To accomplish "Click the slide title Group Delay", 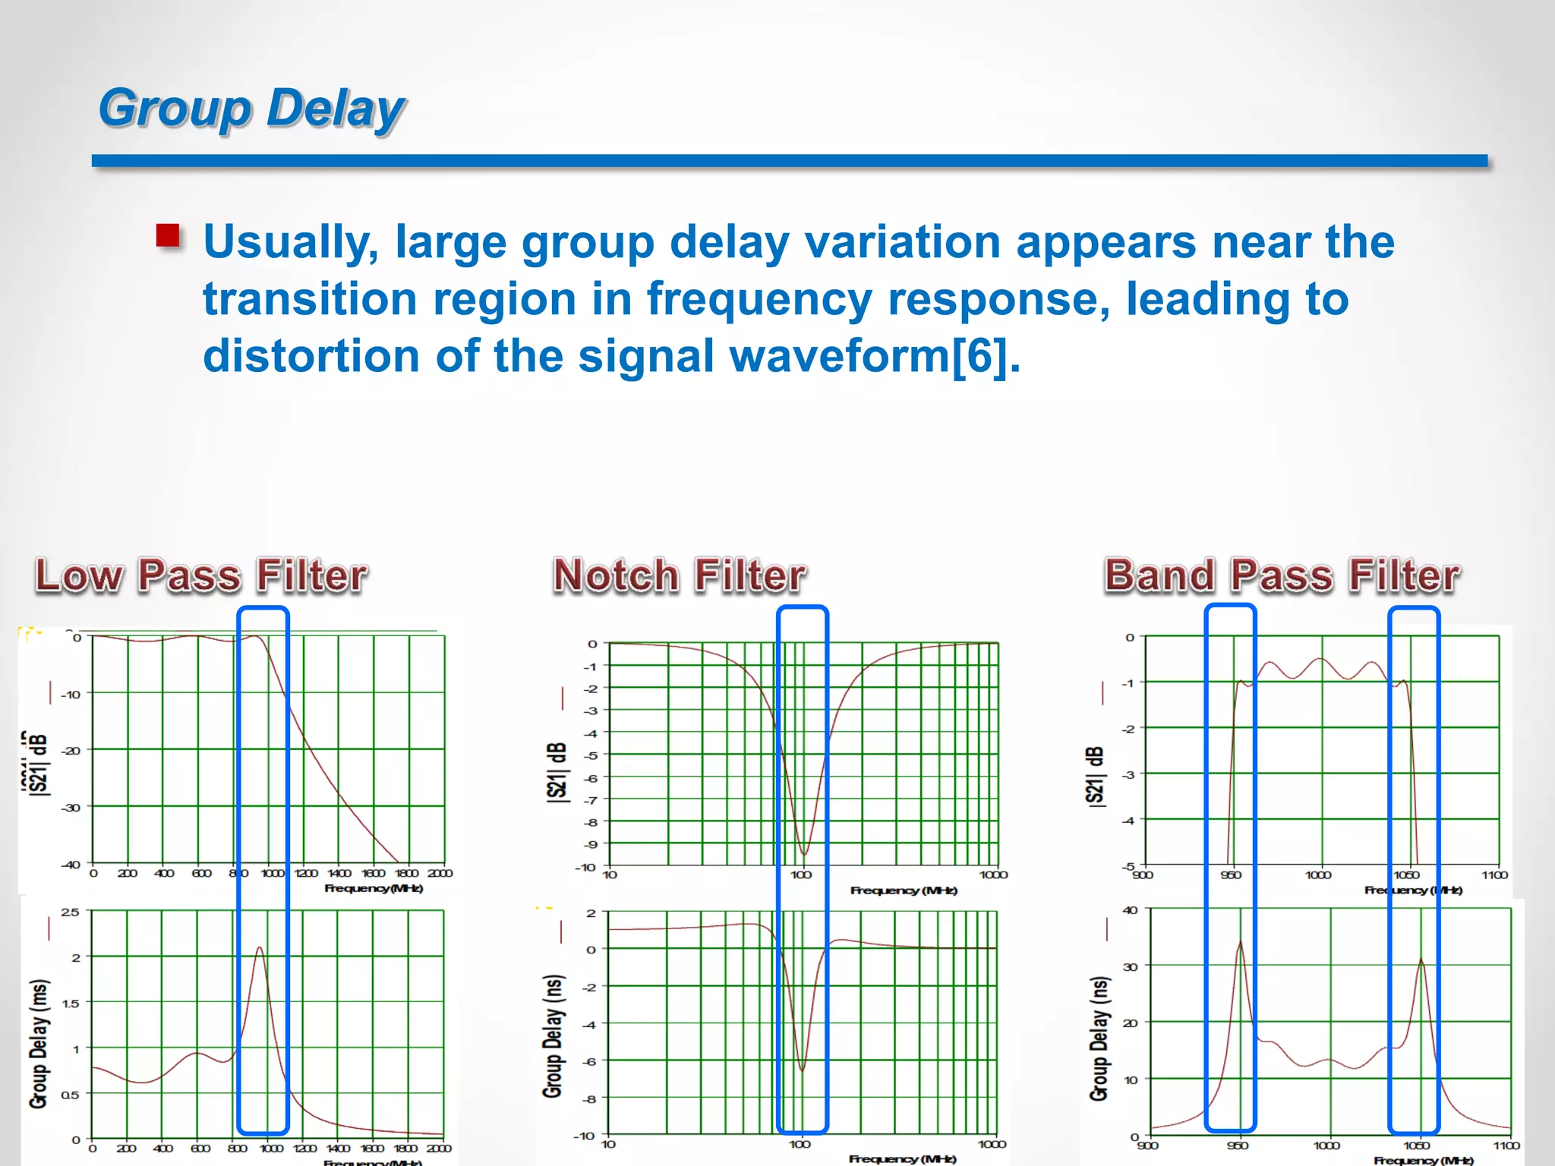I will pyautogui.click(x=251, y=109).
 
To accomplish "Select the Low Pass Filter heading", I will pyautogui.click(x=201, y=575).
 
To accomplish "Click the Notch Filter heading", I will pyautogui.click(x=679, y=575).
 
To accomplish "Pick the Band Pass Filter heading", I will pyautogui.click(x=1282, y=575).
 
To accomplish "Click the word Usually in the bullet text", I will pyautogui.click(x=290, y=243).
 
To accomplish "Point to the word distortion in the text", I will pyautogui.click(x=311, y=356).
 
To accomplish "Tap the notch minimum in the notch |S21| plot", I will pyautogui.click(x=804, y=854).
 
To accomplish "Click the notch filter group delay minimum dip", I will pyautogui.click(x=802, y=1070).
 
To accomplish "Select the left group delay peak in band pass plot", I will pyautogui.click(x=1241, y=943).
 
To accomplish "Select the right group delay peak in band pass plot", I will pyautogui.click(x=1421, y=960).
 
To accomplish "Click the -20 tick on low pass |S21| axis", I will pyautogui.click(x=71, y=751).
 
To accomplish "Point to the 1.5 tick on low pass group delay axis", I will pyautogui.click(x=71, y=1004).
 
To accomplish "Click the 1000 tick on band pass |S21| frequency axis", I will pyautogui.click(x=1318, y=875).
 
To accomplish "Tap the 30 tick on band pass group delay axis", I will pyautogui.click(x=1131, y=967).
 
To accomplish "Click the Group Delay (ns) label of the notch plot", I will pyautogui.click(x=554, y=1036).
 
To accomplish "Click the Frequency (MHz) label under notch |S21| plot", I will pyautogui.click(x=904, y=890).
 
